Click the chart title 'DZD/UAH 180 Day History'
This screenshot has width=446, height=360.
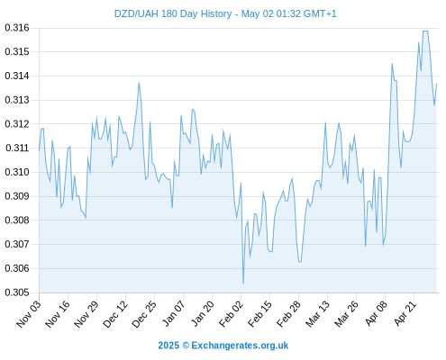coord(173,13)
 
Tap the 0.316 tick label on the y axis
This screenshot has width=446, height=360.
coord(17,28)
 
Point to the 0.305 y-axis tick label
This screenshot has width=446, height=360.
coord(17,292)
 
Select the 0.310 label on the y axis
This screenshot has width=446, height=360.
coord(17,172)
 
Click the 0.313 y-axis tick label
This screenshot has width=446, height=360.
coord(17,100)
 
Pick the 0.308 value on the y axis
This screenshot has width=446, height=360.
coord(17,220)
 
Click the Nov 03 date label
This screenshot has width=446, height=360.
coord(29,314)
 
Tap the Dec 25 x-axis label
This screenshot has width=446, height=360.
coord(144,314)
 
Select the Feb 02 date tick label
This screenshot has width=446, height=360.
coord(231,314)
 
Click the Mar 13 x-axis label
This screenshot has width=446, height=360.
coord(318,314)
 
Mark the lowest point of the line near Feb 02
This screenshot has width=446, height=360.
coord(243,283)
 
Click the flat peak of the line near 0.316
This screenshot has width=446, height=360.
coord(425,31)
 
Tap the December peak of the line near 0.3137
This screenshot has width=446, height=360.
coord(139,83)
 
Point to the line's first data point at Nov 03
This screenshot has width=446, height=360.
coord(39,150)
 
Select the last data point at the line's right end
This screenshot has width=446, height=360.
coord(436,85)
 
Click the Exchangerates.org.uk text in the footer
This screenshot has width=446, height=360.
coord(240,346)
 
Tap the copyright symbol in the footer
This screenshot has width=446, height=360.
coord(186,346)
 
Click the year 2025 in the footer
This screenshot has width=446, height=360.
coord(168,346)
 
